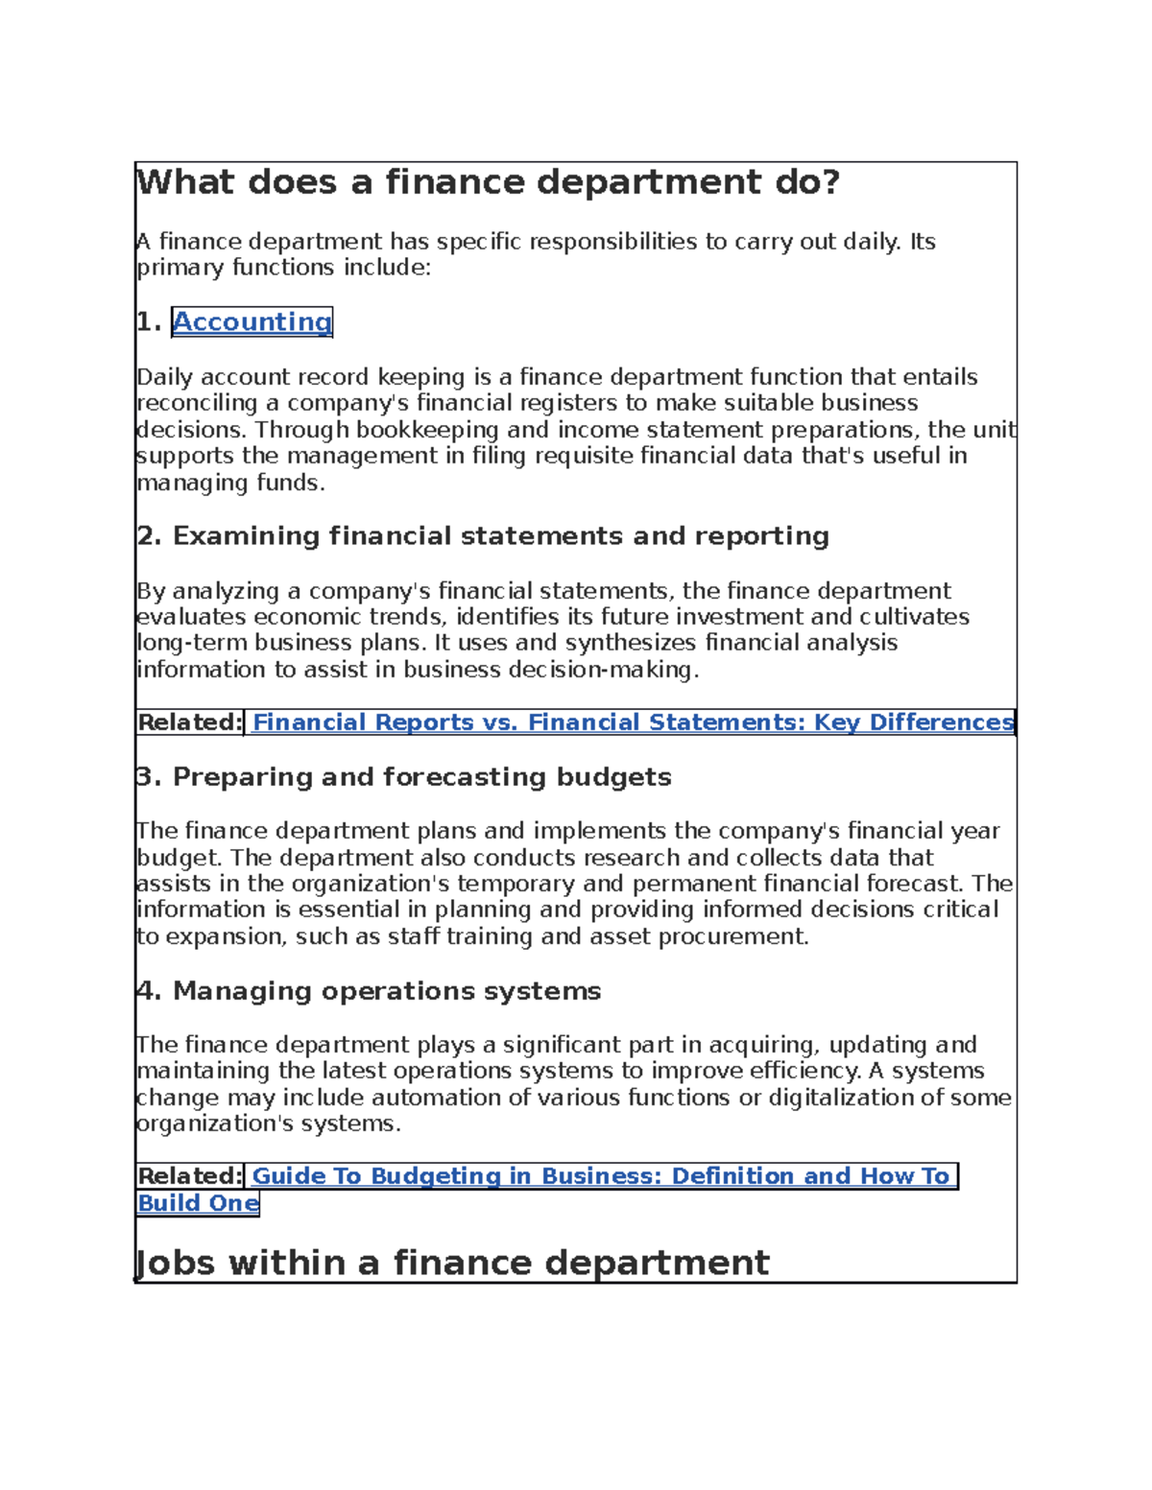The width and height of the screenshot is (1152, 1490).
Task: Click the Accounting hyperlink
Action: coord(252,322)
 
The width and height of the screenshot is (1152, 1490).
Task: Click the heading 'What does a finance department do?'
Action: coord(489,182)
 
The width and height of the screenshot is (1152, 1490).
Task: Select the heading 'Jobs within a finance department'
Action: coord(452,1263)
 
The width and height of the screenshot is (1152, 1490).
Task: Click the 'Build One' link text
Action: coord(198,1203)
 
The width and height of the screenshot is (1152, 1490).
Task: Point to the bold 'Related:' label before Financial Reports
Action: coord(190,722)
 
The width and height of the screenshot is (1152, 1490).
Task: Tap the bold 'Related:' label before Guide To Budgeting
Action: coord(190,1176)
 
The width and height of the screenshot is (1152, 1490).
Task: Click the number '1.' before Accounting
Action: coord(149,322)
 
